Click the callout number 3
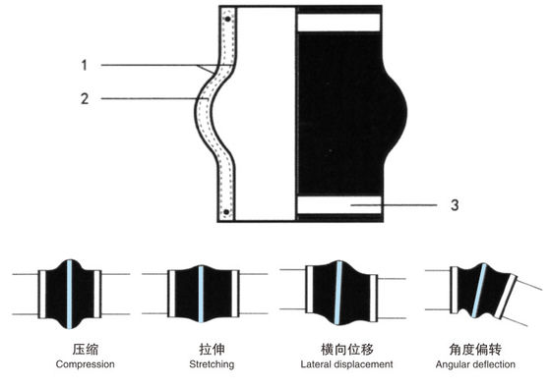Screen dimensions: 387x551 point(453,204)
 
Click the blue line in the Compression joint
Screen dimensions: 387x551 point(71,294)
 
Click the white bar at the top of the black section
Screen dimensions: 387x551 point(337,22)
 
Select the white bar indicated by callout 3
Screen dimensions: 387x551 point(337,205)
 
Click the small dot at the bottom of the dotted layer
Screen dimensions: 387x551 point(227,212)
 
